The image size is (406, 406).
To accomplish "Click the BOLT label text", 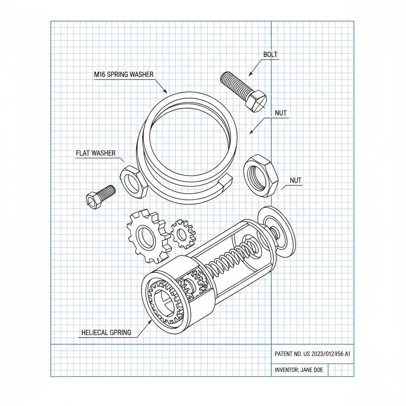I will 270,54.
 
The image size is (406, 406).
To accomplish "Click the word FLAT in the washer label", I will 82,153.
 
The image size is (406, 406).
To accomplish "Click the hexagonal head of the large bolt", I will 256,101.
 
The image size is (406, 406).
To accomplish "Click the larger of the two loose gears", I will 147,237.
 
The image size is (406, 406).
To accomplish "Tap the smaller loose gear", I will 183,234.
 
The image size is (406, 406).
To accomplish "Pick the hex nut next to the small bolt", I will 134,182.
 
